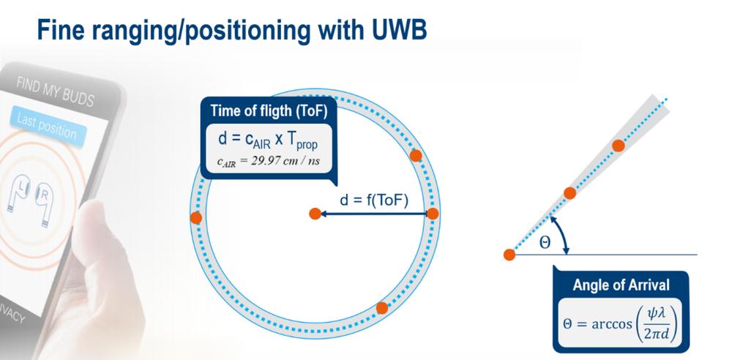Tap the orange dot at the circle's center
pyautogui.click(x=315, y=214)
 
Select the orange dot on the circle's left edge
pyautogui.click(x=195, y=217)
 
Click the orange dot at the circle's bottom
pyautogui.click(x=381, y=307)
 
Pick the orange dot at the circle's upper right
pyautogui.click(x=416, y=155)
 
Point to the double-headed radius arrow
pyautogui.click(x=373, y=214)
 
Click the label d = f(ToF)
pyautogui.click(x=373, y=200)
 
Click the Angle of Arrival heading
pyautogui.click(x=621, y=284)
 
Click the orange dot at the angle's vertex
pyautogui.click(x=509, y=255)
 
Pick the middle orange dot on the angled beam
pyautogui.click(x=570, y=192)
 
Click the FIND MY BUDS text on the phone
pyautogui.click(x=56, y=90)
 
